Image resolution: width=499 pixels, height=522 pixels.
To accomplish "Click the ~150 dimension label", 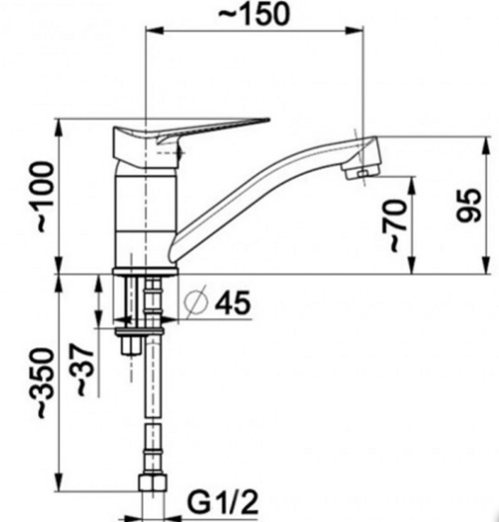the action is (254, 14).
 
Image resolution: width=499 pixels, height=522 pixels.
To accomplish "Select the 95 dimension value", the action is (469, 205).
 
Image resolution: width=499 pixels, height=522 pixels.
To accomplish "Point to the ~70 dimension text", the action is (395, 226).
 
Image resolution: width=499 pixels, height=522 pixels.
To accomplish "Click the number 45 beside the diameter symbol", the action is (233, 302).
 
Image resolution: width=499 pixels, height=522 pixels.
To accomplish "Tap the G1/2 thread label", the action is (223, 503).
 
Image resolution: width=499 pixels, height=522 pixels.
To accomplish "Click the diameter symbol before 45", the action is (196, 302).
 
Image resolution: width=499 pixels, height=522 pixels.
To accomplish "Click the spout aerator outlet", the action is (361, 172).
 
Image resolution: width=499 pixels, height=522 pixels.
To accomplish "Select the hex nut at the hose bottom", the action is (152, 482).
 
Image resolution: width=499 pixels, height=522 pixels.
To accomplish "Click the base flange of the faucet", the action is (146, 271).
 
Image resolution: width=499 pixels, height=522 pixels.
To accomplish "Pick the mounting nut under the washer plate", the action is (131, 345).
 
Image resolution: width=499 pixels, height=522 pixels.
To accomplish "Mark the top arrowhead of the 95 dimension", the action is (487, 146).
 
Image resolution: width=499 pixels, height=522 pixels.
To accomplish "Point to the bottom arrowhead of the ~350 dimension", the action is (59, 481).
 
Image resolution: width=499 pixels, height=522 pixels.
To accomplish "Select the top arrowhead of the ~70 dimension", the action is (412, 186).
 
